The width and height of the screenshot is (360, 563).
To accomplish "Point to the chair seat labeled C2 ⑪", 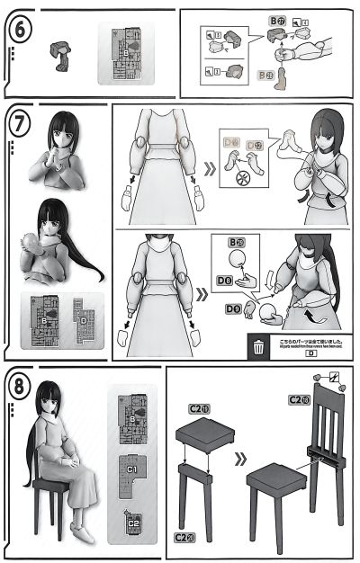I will click(205, 435).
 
